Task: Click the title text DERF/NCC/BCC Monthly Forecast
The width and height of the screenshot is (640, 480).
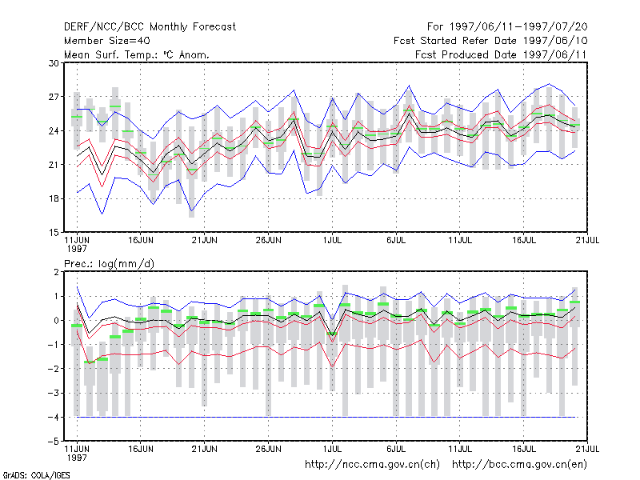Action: [x=150, y=27]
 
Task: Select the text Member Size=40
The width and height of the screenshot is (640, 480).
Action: [x=107, y=41]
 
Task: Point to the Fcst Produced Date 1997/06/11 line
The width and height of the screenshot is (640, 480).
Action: [x=501, y=54]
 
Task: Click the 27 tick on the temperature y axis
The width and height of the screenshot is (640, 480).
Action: [x=54, y=97]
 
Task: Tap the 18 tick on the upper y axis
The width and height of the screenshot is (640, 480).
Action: [x=54, y=198]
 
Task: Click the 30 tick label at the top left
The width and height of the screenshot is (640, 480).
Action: [x=54, y=63]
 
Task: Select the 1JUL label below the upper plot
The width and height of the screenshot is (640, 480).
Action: [x=332, y=241]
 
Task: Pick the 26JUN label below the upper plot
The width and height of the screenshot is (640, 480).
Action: [x=269, y=241]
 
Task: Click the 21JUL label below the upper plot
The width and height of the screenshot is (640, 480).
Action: [x=587, y=241]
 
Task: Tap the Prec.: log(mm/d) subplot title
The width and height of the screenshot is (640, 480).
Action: [x=109, y=264]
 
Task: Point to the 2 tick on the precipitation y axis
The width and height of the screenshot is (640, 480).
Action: [x=56, y=272]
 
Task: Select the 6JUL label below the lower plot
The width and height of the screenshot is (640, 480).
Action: [x=396, y=449]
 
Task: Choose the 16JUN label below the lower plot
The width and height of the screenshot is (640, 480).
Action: [x=141, y=449]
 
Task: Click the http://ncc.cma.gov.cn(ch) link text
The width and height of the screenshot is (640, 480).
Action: [x=372, y=465]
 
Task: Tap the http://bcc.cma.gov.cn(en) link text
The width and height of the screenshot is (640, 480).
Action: [x=519, y=465]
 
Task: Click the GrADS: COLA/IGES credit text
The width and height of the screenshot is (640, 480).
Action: [x=36, y=475]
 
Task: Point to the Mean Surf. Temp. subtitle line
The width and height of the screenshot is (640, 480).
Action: [x=136, y=54]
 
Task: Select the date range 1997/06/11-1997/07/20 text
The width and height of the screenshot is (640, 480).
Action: [x=518, y=27]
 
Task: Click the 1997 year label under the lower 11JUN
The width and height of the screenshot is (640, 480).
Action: [x=77, y=458]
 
